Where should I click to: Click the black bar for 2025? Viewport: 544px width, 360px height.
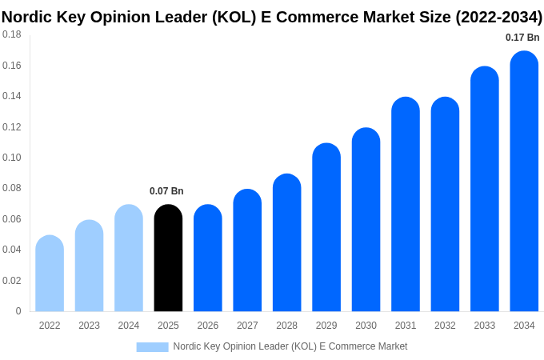click(168, 258)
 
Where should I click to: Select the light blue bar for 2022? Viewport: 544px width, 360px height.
click(50, 274)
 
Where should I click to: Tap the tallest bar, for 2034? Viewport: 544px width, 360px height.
click(524, 182)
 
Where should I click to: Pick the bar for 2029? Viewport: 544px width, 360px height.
click(326, 228)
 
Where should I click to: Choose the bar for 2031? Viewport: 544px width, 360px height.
click(406, 205)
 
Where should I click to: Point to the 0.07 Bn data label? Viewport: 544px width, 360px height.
click(166, 191)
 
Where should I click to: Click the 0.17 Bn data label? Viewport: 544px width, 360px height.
click(522, 38)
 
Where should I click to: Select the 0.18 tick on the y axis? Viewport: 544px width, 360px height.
click(12, 34)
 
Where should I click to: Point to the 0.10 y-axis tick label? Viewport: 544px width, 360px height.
click(12, 158)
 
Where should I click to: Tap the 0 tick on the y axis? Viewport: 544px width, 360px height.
click(18, 311)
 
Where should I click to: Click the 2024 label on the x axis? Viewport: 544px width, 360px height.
click(129, 326)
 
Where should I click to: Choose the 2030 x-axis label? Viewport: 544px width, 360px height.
click(366, 326)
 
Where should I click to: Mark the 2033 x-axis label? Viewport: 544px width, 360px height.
click(484, 326)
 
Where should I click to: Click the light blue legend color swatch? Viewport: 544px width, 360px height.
click(152, 346)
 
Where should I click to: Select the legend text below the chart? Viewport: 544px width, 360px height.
click(290, 346)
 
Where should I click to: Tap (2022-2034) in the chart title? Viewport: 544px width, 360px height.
click(498, 17)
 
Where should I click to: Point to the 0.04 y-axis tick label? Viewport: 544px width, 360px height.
click(12, 250)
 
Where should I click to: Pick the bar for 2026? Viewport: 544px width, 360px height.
click(208, 258)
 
